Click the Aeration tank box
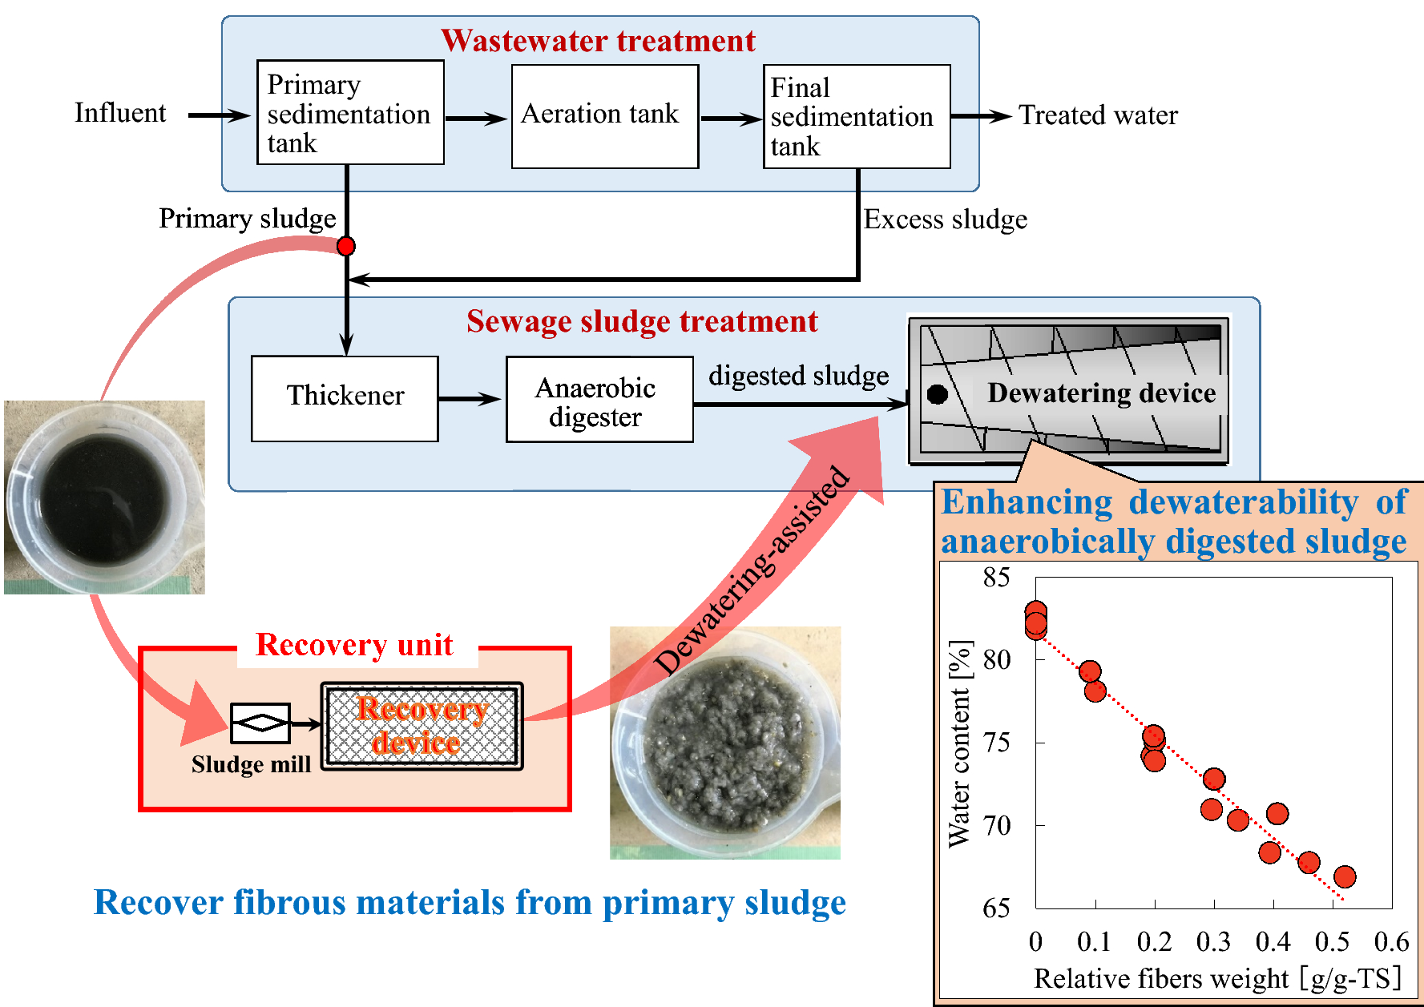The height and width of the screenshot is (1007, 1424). (605, 116)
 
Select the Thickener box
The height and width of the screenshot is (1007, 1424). (345, 398)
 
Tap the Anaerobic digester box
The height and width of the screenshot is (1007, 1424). (599, 399)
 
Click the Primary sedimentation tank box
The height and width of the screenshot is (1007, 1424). (350, 113)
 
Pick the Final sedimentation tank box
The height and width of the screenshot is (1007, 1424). (856, 117)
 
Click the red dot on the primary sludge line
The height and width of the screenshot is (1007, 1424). (346, 246)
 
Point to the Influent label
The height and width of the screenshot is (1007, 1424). (120, 113)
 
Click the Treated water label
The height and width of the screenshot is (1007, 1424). (1098, 115)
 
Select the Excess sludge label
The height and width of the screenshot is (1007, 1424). (945, 220)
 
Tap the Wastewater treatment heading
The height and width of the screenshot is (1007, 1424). (598, 41)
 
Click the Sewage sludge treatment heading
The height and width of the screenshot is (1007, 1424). (642, 321)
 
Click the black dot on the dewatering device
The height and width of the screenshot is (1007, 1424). (937, 394)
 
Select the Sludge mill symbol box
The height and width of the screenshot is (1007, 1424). (260, 723)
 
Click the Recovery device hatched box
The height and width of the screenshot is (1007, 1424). (422, 726)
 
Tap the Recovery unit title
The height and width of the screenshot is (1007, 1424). (354, 645)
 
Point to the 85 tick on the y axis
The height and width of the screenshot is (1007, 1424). (997, 577)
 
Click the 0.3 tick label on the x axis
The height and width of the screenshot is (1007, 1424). (1213, 941)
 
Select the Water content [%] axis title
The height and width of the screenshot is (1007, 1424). (959, 743)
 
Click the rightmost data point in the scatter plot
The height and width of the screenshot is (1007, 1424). (1345, 876)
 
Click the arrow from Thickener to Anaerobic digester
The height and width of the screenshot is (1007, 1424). (470, 399)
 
